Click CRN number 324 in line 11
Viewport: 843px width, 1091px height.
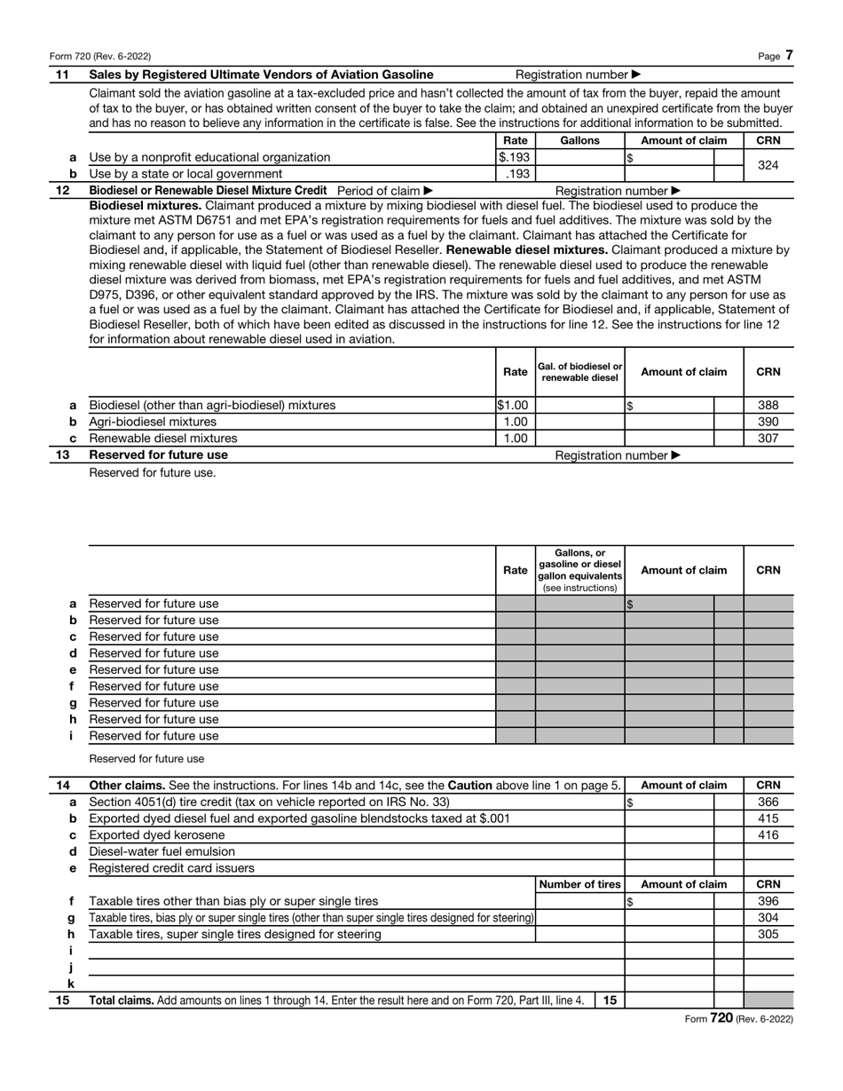pyautogui.click(x=768, y=165)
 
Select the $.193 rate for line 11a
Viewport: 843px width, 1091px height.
pyautogui.click(x=514, y=157)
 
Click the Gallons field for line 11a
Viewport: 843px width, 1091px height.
pyautogui.click(x=580, y=157)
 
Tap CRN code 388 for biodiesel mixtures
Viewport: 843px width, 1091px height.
pyautogui.click(x=768, y=406)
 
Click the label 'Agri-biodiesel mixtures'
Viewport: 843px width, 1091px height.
pyautogui.click(x=153, y=422)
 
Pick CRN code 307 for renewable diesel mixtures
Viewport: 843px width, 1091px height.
pyautogui.click(x=768, y=439)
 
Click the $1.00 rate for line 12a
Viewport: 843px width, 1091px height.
pyautogui.click(x=514, y=406)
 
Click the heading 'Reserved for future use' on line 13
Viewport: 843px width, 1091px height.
pyautogui.click(x=158, y=455)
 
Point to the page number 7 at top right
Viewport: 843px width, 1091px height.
pyautogui.click(x=789, y=56)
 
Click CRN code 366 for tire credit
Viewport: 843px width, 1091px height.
pyautogui.click(x=768, y=802)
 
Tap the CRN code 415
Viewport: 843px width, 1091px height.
pyautogui.click(x=768, y=818)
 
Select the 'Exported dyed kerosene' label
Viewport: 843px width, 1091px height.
pyautogui.click(x=157, y=835)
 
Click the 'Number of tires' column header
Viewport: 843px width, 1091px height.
pyautogui.click(x=580, y=884)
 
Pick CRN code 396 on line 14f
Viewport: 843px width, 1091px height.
pyautogui.click(x=768, y=901)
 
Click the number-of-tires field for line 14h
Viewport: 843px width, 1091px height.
pyautogui.click(x=580, y=934)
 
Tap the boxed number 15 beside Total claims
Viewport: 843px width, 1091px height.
pyautogui.click(x=610, y=1000)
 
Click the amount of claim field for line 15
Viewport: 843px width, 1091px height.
pyautogui.click(x=670, y=1000)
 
